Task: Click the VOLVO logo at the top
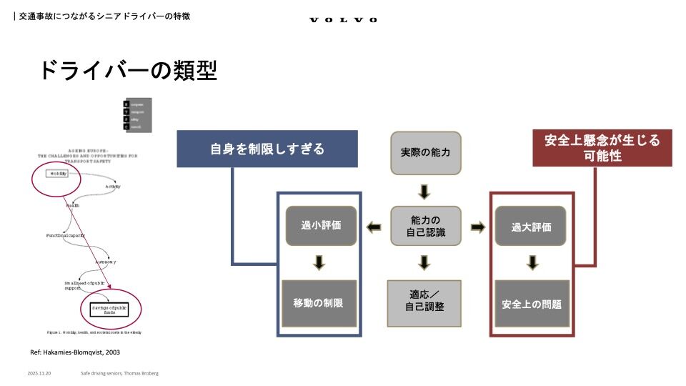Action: tap(343, 20)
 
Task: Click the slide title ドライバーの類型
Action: tap(127, 70)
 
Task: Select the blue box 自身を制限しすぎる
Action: tap(267, 149)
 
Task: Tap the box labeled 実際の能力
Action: tap(425, 153)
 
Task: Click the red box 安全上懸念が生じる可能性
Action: tap(602, 147)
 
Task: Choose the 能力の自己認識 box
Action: tap(425, 226)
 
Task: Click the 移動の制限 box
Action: tap(318, 303)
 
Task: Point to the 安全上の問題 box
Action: tap(531, 303)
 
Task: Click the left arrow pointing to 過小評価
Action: tap(373, 227)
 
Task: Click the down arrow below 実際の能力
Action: tap(424, 191)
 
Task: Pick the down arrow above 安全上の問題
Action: tap(532, 263)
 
